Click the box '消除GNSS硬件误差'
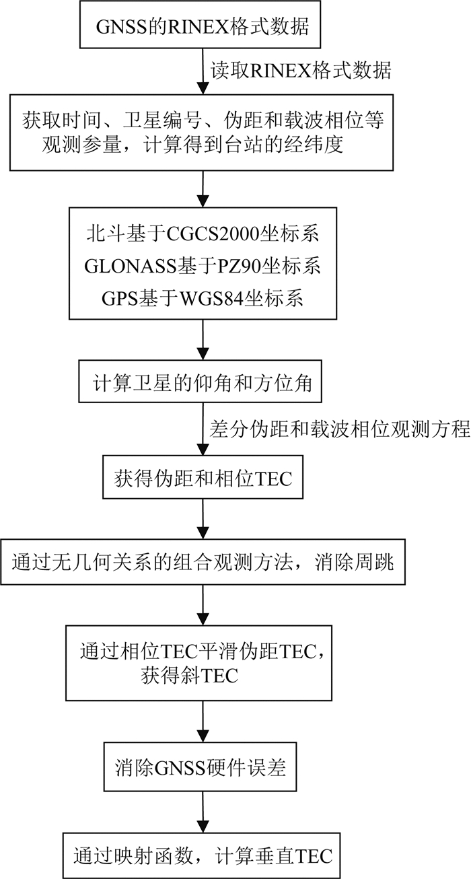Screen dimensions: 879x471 pos(203,768)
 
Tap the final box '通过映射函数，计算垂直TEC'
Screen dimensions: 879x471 pos(203,855)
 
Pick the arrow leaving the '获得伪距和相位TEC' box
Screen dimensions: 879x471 pos(203,519)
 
